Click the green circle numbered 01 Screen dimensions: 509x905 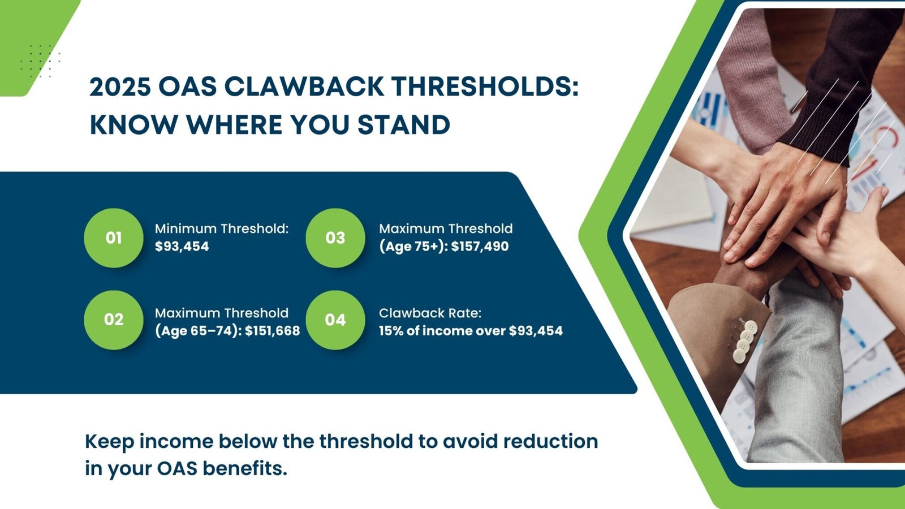114,238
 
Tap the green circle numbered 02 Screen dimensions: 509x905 114,320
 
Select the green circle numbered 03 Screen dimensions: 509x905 335,238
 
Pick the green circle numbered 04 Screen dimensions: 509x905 335,320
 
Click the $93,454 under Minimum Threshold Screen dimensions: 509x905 182,247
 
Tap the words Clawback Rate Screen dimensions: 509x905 430,313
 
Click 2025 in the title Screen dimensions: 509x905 119,87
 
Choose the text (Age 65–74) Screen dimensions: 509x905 197,331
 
